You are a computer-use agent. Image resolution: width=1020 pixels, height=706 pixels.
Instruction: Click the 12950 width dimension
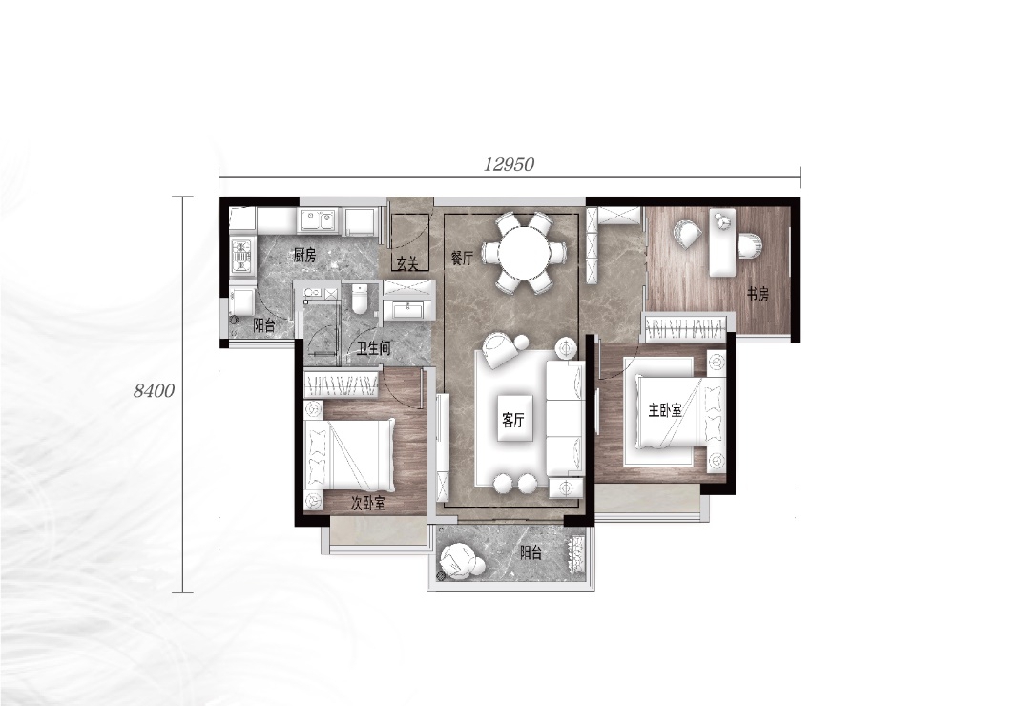pos(509,164)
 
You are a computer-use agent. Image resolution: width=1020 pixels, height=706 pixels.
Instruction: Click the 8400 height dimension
pos(155,390)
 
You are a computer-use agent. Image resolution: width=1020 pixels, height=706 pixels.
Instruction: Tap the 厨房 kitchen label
pos(304,256)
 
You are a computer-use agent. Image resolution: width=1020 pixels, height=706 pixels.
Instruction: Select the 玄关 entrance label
pos(406,263)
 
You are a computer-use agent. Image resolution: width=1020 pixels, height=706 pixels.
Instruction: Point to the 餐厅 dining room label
pos(463,258)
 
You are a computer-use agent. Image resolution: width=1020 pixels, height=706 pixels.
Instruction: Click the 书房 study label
pos(758,294)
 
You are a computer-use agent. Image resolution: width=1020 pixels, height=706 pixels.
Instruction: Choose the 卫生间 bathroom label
pos(373,348)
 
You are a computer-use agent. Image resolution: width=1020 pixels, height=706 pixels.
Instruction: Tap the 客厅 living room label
pos(513,421)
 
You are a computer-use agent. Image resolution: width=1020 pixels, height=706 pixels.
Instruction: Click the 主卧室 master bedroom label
pos(665,410)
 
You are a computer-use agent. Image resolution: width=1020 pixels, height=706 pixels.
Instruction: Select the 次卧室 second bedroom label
pos(368,503)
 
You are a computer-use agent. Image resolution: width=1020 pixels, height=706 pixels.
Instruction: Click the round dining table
pos(523,252)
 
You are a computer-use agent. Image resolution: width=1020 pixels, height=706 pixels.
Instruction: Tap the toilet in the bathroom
pos(360,299)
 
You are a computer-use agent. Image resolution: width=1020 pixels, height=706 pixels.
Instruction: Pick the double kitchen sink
pos(318,219)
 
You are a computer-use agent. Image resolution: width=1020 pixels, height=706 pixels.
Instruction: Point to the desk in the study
pos(722,242)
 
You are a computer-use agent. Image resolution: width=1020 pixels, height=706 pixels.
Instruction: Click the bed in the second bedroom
pos(350,455)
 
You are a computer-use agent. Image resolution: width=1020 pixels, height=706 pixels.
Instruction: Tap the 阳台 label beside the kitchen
pos(264,326)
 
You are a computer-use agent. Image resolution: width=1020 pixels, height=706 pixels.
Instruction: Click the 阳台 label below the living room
pos(531,553)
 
